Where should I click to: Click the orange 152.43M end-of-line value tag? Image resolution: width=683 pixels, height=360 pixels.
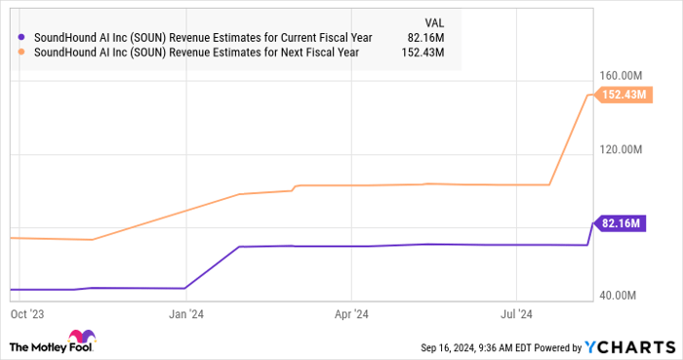click(623, 95)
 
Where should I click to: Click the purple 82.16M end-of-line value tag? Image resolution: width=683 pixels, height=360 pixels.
click(622, 223)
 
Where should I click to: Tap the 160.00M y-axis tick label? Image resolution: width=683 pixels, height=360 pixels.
click(622, 75)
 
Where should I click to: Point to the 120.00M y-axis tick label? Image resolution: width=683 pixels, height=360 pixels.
click(622, 149)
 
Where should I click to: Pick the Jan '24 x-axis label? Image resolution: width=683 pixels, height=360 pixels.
click(185, 314)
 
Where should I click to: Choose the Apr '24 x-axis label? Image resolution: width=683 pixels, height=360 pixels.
click(350, 314)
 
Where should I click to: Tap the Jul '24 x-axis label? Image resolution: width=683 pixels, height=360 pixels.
click(516, 314)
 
